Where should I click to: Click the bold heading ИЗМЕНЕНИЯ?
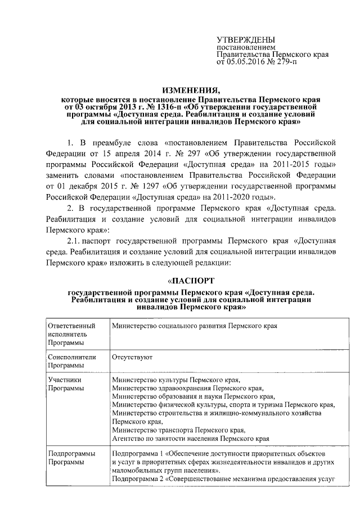(x=191, y=91)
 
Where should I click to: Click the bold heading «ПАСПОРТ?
(x=191, y=281)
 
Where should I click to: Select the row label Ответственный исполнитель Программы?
(x=71, y=334)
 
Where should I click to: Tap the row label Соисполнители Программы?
(x=73, y=361)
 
